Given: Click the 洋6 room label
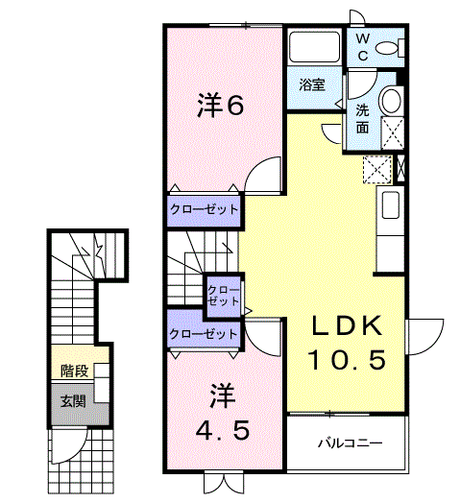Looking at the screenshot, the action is (220, 105).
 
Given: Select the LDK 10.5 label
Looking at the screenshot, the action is (347, 343).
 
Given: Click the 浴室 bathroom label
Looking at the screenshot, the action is (312, 84).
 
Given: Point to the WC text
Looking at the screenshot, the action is (363, 47).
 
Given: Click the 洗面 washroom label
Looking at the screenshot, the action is (362, 119).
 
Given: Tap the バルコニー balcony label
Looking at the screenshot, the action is (351, 443).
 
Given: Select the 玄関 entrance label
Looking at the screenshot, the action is (74, 401).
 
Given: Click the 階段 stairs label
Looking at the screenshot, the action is (75, 371).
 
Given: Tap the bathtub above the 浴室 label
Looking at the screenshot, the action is (314, 47).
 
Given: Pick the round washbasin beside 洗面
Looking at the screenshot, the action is (391, 100).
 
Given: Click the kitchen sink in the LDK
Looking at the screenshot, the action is (391, 204).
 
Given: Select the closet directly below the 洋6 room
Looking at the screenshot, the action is (205, 210).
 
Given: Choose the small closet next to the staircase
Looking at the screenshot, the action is (223, 296).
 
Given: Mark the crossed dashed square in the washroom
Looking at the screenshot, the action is (392, 133).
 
